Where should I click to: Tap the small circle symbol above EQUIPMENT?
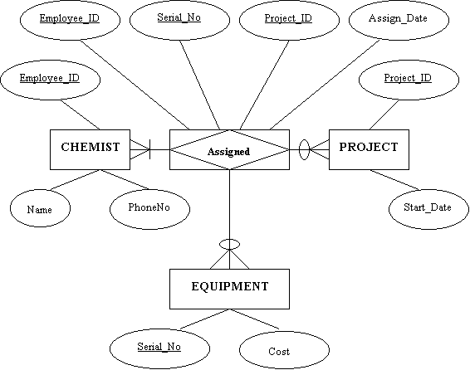230,240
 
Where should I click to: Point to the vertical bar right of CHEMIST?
149,149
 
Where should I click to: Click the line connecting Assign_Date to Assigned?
325,85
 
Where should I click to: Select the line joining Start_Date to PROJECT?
394,180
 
